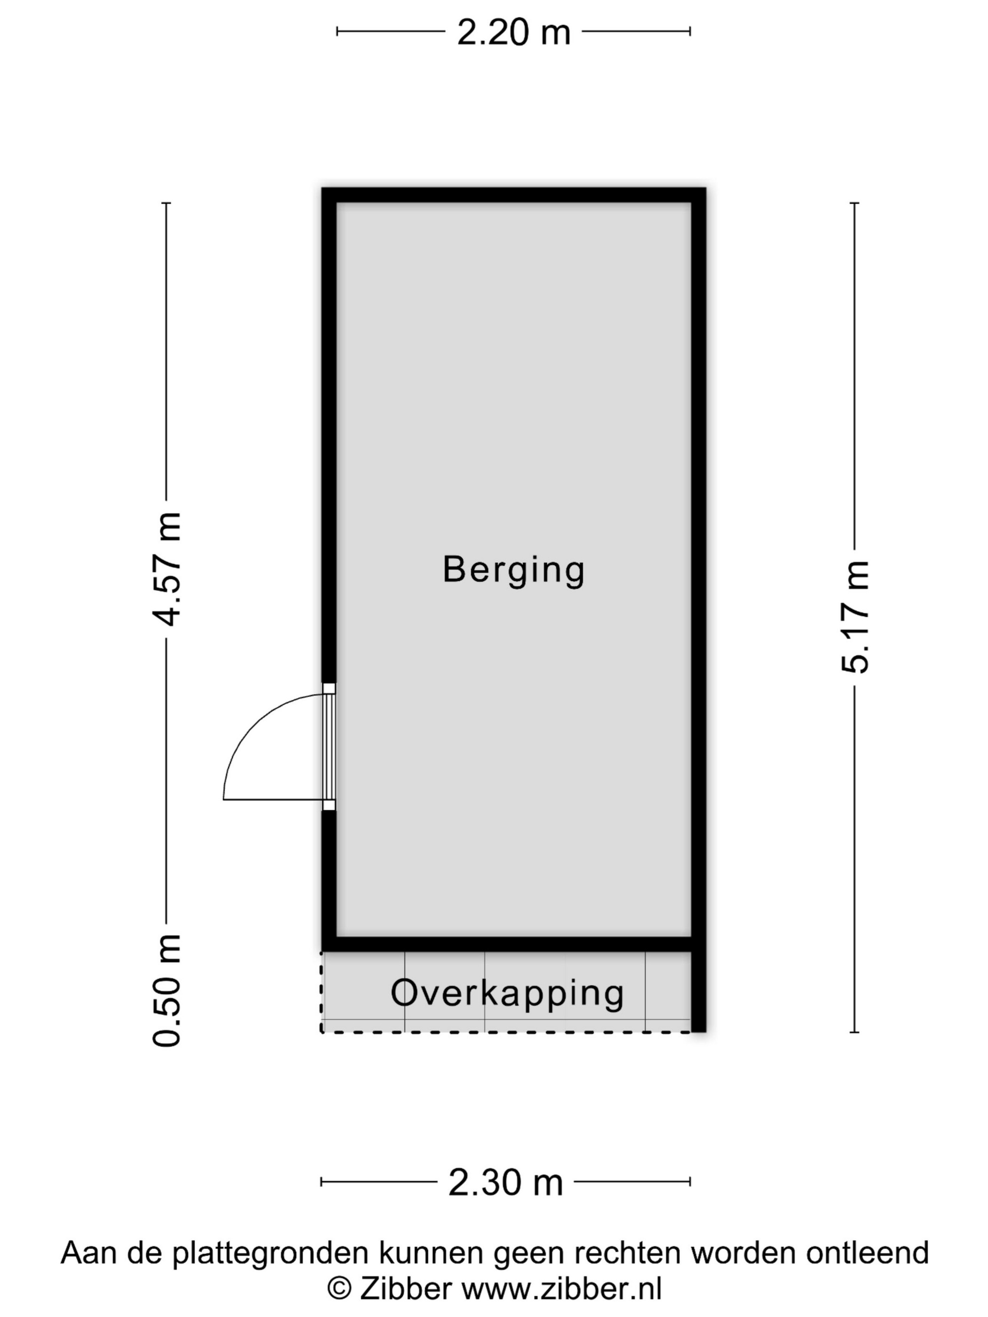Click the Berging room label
[x=513, y=571]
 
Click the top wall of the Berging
[x=513, y=195]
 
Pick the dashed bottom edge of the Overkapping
[x=506, y=1032]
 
